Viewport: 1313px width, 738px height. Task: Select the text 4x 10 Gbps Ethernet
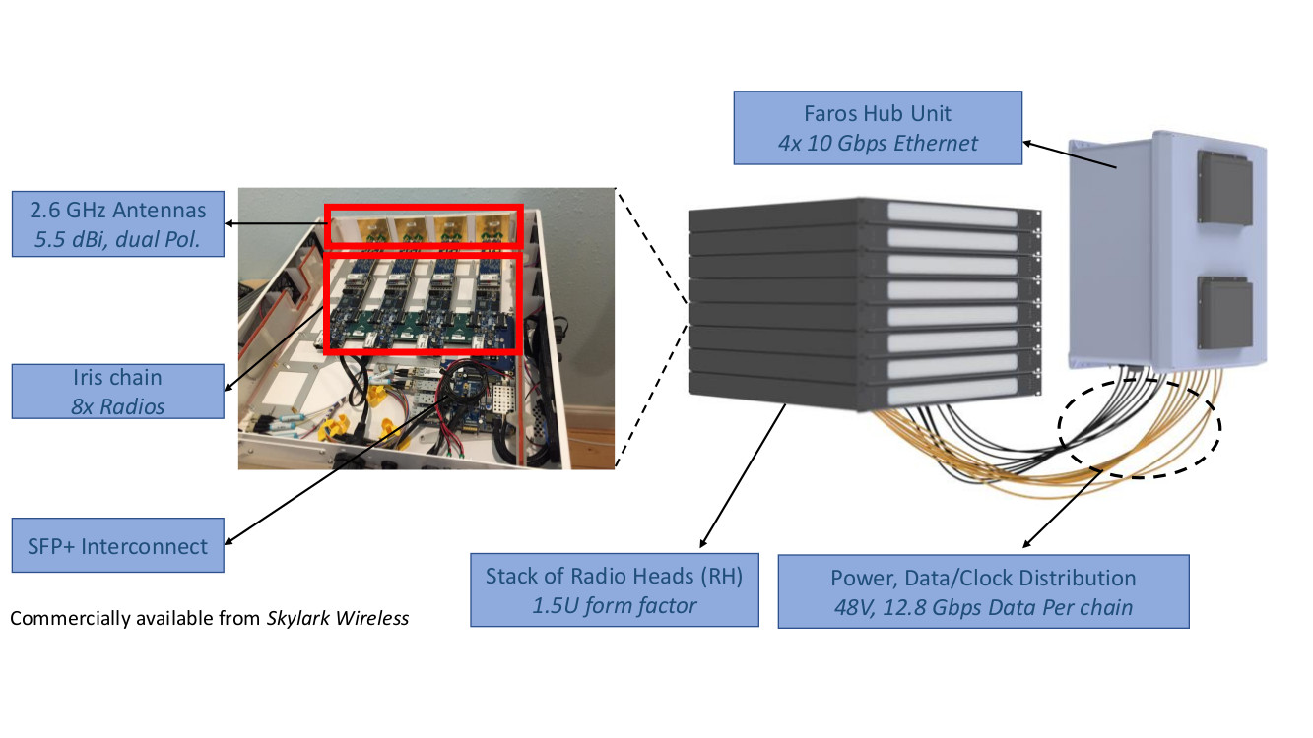tap(878, 144)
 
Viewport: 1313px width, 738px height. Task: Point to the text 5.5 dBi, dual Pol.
tap(117, 239)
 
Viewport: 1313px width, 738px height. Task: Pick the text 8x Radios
tap(117, 405)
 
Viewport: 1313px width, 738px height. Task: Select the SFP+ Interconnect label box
tap(117, 545)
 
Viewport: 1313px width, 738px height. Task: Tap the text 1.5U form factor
tap(615, 606)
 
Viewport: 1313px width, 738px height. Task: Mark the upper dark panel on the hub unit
tap(1224, 186)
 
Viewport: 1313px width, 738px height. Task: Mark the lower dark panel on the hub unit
tap(1224, 312)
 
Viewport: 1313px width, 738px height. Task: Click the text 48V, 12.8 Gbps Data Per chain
tap(983, 607)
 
